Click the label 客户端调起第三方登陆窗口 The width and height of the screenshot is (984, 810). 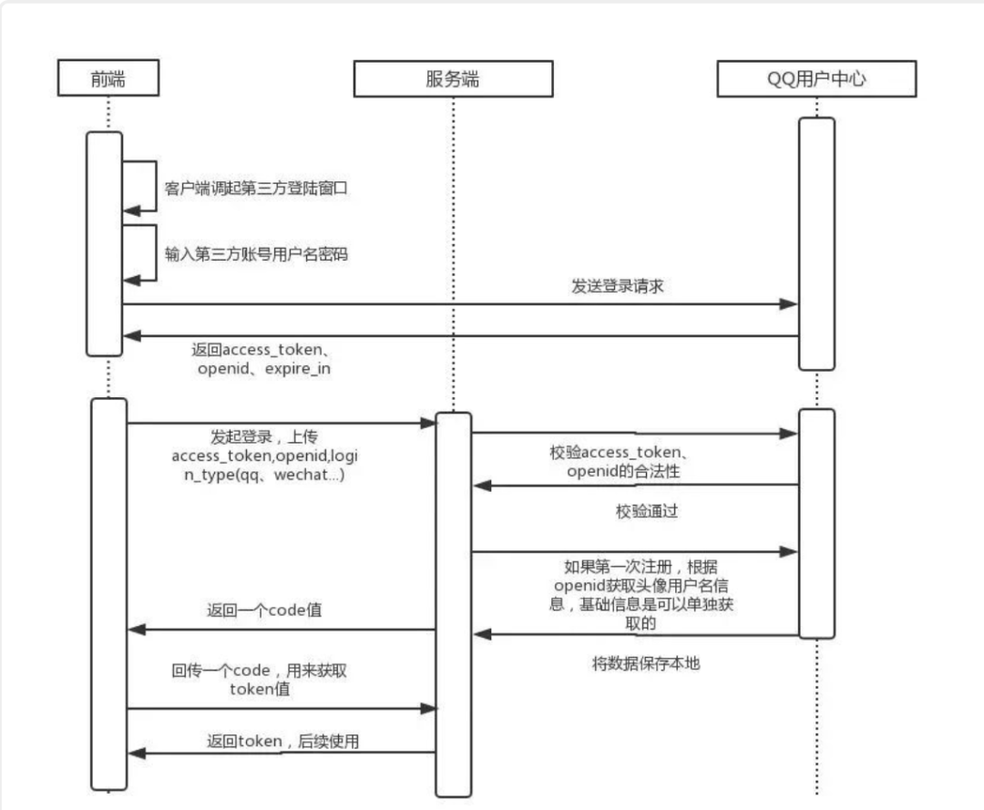pyautogui.click(x=257, y=190)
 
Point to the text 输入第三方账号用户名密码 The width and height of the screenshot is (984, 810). pyautogui.click(x=256, y=255)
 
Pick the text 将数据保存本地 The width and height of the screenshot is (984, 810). pyautogui.click(x=646, y=664)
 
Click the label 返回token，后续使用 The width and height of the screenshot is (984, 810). pyautogui.click(x=282, y=742)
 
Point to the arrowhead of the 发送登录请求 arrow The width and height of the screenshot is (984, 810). pyautogui.click(x=791, y=304)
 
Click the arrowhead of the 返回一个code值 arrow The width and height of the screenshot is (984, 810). pyautogui.click(x=135, y=629)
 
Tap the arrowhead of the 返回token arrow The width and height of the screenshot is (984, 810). pyautogui.click(x=135, y=753)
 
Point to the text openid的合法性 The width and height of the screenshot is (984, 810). pyautogui.click(x=623, y=471)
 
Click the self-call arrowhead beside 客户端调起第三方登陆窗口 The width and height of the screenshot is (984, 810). pyautogui.click(x=130, y=210)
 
